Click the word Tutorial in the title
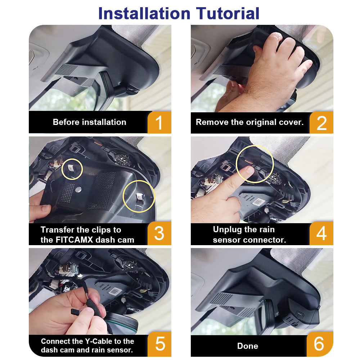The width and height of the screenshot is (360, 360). [x=228, y=13]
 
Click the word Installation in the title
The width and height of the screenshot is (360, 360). [x=144, y=13]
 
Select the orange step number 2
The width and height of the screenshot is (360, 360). [x=321, y=123]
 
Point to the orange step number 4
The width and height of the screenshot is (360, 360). [x=321, y=233]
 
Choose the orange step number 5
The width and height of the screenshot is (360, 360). [x=160, y=344]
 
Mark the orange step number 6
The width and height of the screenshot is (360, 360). [x=319, y=344]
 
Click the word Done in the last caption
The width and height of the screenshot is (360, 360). [x=248, y=346]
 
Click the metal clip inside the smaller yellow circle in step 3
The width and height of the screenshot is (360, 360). [x=71, y=168]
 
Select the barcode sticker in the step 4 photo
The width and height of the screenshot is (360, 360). [x=258, y=202]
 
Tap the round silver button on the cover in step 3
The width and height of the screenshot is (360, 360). [x=78, y=189]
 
